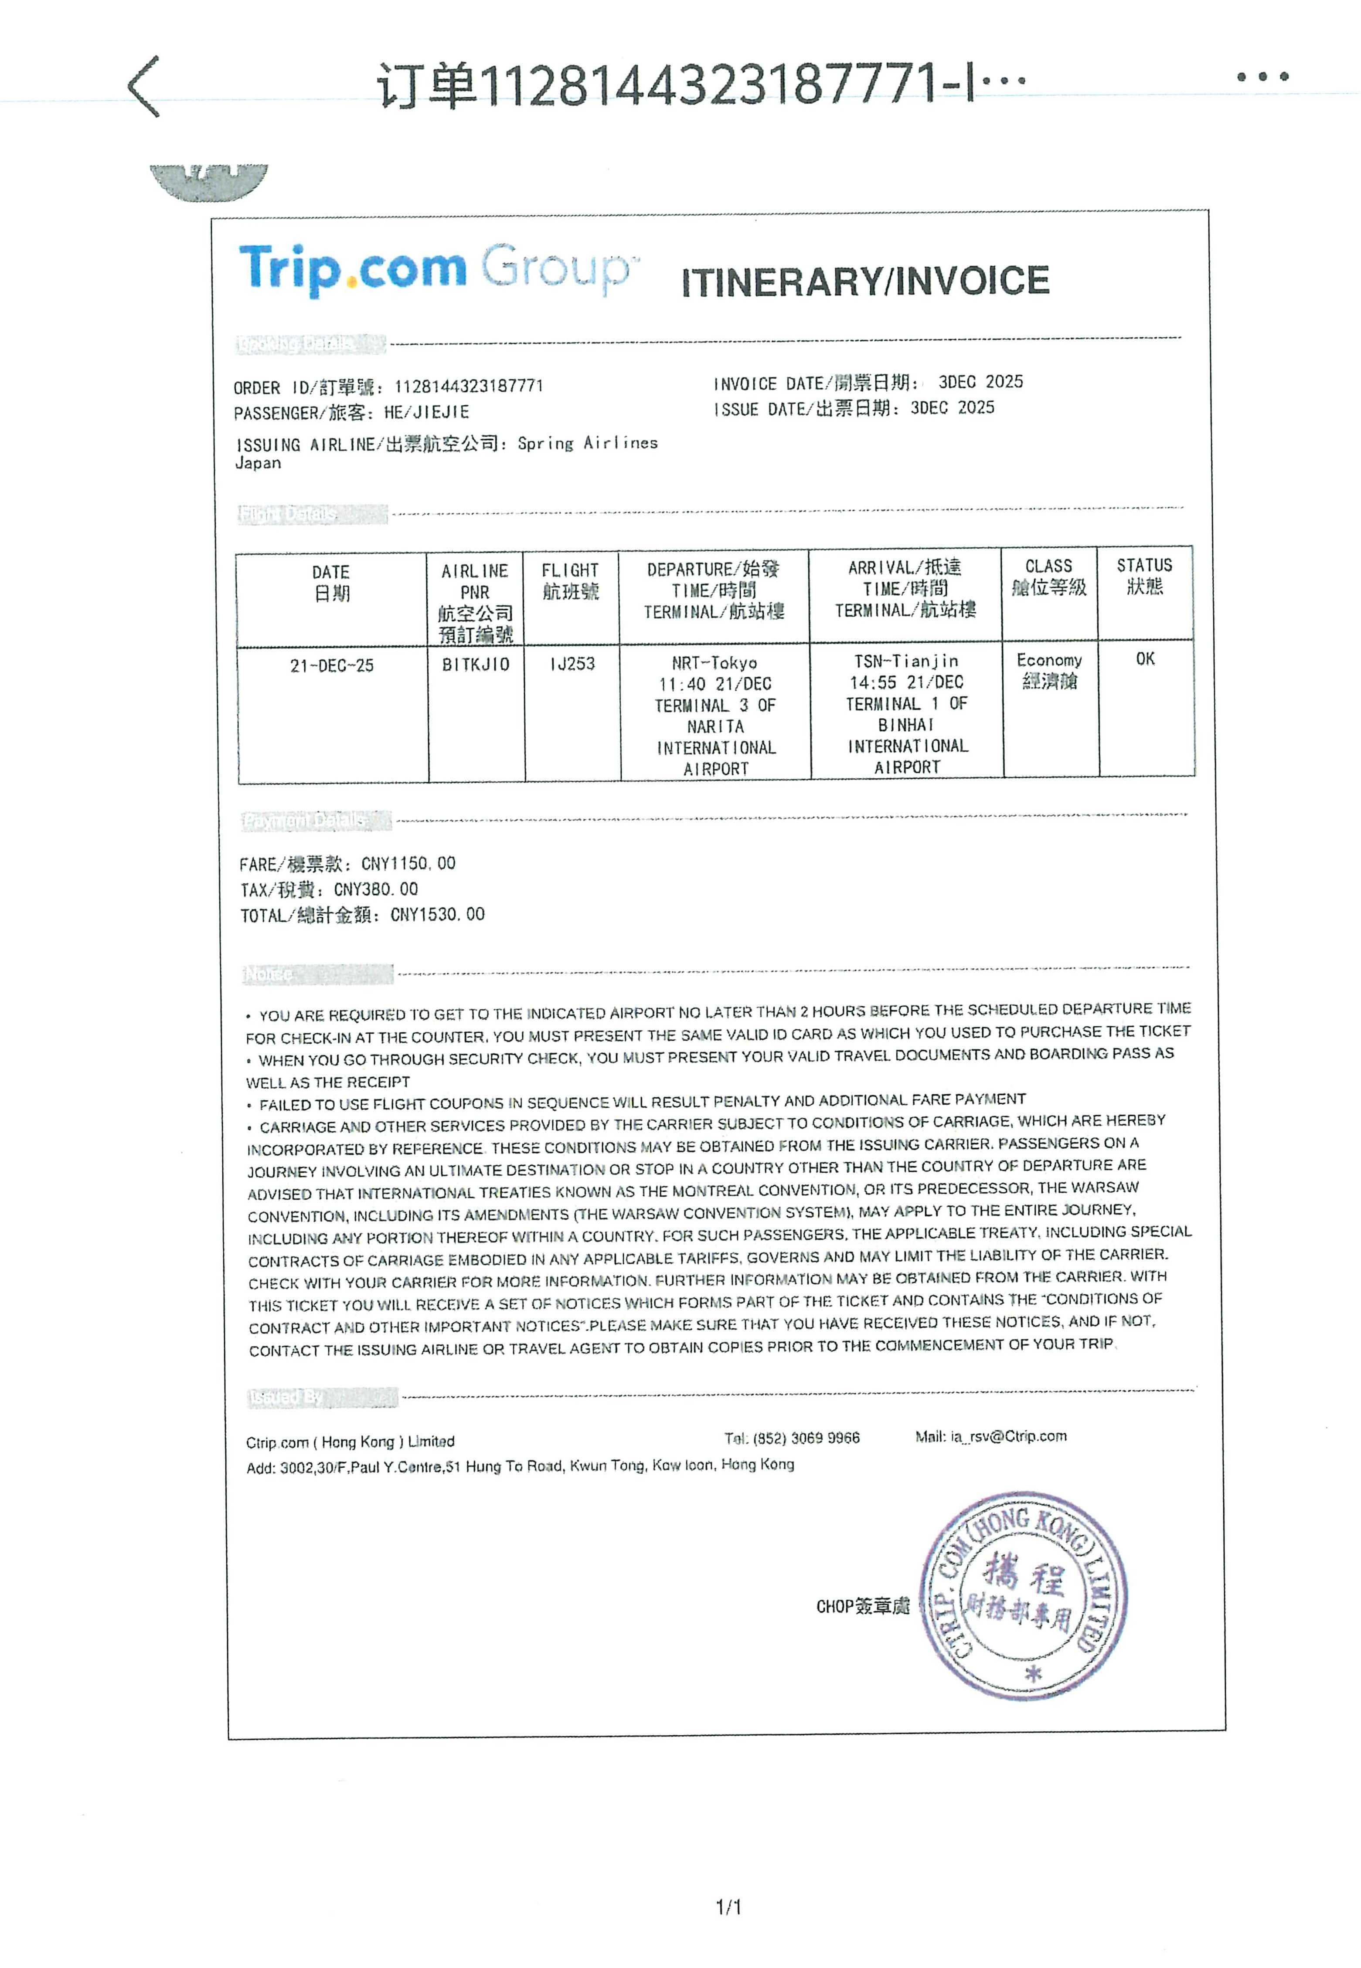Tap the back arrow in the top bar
pos(143,86)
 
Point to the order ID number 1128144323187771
pos(468,386)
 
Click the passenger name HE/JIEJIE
pos(426,413)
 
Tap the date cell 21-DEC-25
pos(332,665)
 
